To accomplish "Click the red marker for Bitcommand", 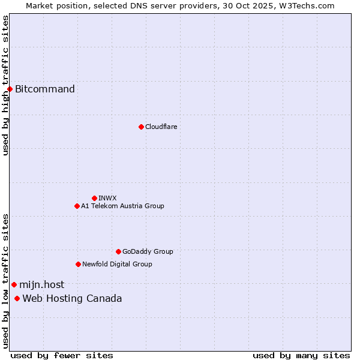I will coord(10,89).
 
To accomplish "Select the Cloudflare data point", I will coord(141,127).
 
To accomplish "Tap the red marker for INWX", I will coord(94,198).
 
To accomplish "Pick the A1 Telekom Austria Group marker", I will coord(77,206).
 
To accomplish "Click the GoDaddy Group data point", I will coord(118,251).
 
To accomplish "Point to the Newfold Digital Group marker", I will coord(78,264).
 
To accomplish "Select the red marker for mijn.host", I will coord(14,285).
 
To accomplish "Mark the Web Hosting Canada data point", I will coord(17,299).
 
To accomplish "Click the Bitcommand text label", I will coord(45,89).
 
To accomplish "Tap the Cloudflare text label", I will coord(161,127).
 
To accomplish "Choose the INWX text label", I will coord(107,198).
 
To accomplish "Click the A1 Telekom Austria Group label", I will coord(122,206).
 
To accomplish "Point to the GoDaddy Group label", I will coord(148,251).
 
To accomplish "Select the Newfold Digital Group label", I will coord(117,264).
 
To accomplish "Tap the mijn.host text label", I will coord(41,285).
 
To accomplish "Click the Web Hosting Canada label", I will coord(72,299).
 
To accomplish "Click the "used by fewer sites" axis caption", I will coord(62,355).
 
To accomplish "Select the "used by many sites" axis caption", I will coord(301,355).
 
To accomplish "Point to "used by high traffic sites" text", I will coord(6,85).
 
